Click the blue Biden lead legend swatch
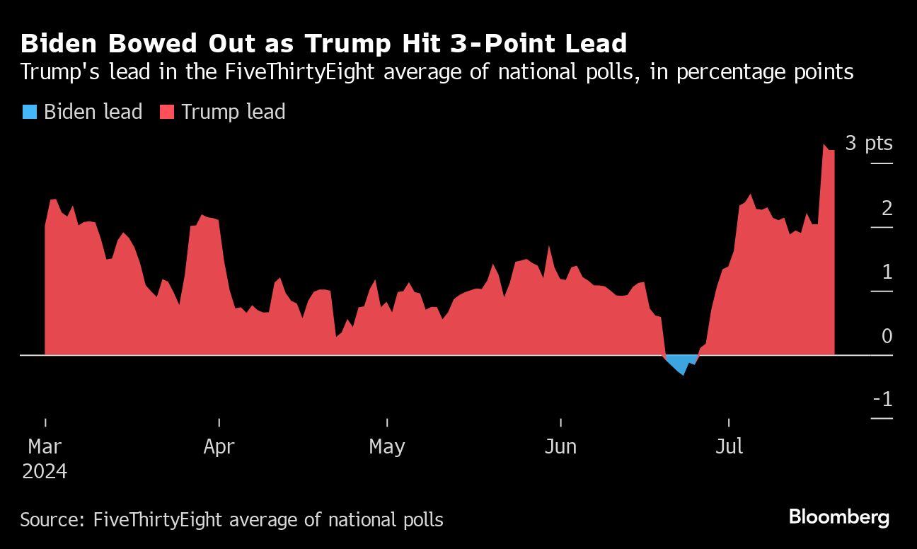[29, 112]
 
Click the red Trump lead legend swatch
[166, 112]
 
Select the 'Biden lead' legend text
[93, 112]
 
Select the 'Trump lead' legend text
[233, 112]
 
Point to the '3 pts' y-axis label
[869, 143]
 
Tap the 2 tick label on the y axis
[887, 208]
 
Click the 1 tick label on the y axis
[887, 272]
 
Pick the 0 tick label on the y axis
[887, 336]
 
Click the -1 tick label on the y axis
[882, 400]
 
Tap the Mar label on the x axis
[45, 446]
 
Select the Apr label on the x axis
[219, 446]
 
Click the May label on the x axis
[387, 446]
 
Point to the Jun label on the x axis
[560, 446]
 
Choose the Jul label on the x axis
[729, 446]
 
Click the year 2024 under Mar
[45, 471]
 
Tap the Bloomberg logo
[838, 517]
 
